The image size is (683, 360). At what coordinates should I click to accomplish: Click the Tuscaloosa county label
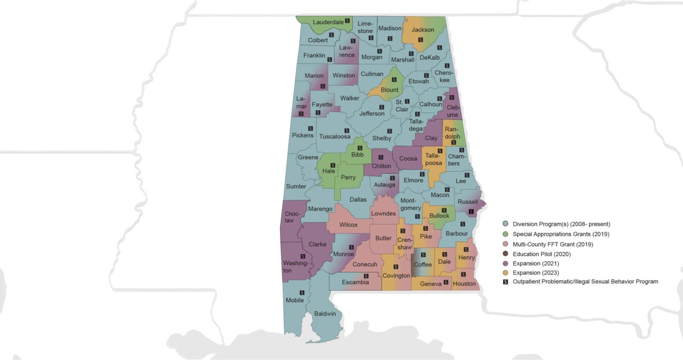coord(335,137)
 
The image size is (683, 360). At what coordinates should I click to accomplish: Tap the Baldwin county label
coord(325,314)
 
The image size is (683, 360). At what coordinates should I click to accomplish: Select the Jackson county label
coord(423,30)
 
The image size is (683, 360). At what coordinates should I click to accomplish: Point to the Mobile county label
coord(295,300)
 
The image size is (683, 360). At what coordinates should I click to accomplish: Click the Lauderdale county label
coord(328,22)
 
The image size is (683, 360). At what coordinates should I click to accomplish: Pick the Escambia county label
coord(355,283)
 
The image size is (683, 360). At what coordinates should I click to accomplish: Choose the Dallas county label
coord(358,199)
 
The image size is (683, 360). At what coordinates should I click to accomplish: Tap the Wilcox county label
coord(348,225)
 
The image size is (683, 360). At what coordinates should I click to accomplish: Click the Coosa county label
coord(408,159)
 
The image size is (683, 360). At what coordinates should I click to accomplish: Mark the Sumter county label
coord(296,187)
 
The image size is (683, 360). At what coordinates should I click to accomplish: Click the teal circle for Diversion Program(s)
coord(505,224)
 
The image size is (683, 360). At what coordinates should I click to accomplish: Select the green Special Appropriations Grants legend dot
coord(505,234)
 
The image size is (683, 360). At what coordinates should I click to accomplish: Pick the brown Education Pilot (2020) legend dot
coord(505,254)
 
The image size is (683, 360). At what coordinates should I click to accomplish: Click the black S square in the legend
coord(505,282)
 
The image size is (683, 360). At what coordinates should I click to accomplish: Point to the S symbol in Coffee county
coord(423,255)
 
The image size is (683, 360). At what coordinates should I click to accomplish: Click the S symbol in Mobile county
coord(302,292)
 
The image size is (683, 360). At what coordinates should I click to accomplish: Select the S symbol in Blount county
coord(394,79)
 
